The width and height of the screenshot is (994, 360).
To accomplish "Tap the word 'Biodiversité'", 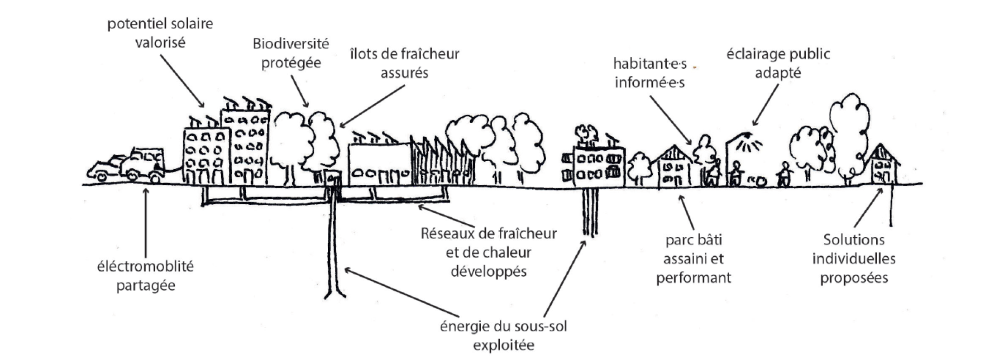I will pos(290,43).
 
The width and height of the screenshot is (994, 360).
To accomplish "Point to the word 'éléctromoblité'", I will pos(145,266).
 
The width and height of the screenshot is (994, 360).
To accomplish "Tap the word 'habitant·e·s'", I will pos(650,64).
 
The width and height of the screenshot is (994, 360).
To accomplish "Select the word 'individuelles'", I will pos(854,259).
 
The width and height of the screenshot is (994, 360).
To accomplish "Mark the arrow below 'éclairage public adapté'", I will pos(766,105).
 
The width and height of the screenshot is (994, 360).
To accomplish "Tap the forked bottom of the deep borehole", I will pos(335,293).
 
